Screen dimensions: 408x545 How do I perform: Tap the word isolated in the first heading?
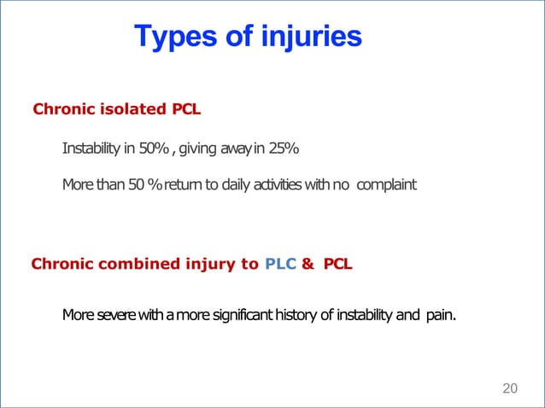[x=136, y=109]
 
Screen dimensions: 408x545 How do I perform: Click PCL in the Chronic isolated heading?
[x=187, y=109]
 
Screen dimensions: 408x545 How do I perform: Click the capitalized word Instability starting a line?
[x=91, y=150]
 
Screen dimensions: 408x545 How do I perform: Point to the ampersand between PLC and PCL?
[x=306, y=264]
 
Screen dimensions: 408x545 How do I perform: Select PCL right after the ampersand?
[x=337, y=264]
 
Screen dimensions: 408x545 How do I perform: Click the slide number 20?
[x=510, y=389]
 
